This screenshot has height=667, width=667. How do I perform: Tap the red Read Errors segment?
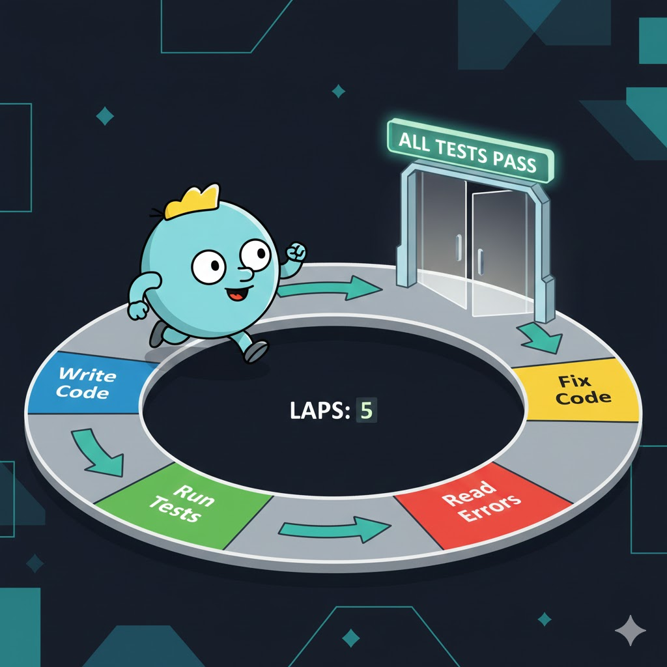(482, 502)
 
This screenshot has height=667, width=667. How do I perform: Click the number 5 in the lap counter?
(367, 411)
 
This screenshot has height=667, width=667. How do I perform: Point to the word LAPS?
(317, 411)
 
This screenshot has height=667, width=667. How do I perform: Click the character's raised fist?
(296, 251)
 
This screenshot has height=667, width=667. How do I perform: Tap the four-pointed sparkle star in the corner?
(631, 630)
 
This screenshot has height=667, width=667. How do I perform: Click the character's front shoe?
(256, 350)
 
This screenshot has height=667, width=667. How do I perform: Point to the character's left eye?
(208, 264)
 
